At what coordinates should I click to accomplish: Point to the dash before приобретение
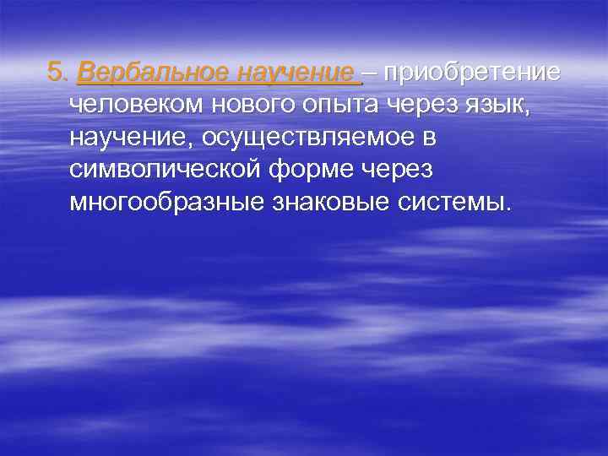372,73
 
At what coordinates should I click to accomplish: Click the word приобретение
470,73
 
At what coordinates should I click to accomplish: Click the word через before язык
418,106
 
